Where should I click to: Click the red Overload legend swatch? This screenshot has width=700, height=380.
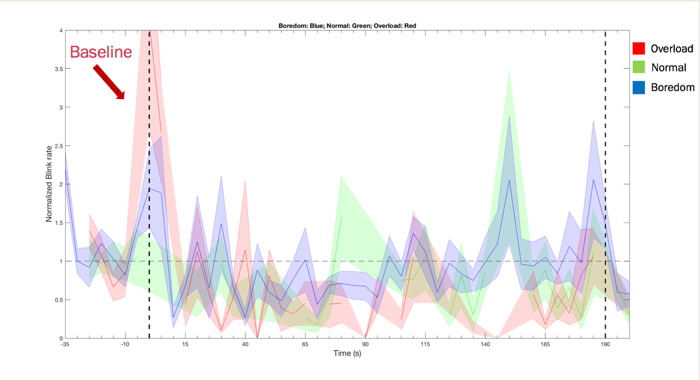click(x=639, y=48)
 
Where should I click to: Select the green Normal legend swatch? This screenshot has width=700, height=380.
click(x=639, y=67)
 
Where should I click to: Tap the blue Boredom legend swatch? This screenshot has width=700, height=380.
click(x=639, y=88)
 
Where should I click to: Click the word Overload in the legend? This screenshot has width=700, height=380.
click(x=672, y=49)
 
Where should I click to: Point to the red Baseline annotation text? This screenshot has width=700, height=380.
click(x=101, y=52)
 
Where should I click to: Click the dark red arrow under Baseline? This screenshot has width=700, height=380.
click(x=109, y=82)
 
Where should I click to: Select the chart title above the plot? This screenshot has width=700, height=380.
click(x=347, y=26)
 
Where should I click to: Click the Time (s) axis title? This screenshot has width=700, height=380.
click(x=347, y=354)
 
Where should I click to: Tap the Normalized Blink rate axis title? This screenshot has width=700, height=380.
click(x=49, y=184)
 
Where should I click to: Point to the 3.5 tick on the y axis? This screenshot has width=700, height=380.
click(x=59, y=69)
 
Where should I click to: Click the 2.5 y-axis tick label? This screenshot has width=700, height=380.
click(x=59, y=146)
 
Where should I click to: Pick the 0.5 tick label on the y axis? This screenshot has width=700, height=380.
click(x=59, y=300)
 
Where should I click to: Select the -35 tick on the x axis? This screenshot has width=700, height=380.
click(x=65, y=344)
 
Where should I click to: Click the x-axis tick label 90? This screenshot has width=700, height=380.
click(x=366, y=344)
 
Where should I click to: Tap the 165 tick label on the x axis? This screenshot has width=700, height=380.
click(x=545, y=344)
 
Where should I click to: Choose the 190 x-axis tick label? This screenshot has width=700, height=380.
click(x=606, y=344)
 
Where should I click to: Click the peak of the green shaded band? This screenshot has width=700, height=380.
click(x=509, y=69)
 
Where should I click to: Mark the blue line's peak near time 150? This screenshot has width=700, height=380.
click(x=509, y=180)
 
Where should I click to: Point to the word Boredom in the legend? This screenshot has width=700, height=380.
click(x=673, y=88)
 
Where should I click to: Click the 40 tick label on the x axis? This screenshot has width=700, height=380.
click(x=245, y=344)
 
